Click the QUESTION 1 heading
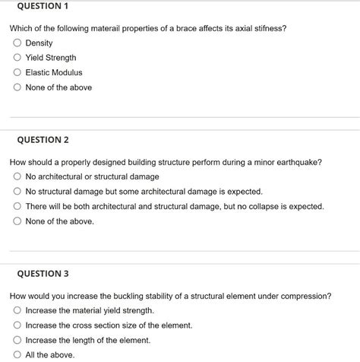click(38, 6)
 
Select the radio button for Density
click(17, 43)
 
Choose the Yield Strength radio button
click(17, 58)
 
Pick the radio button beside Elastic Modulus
click(17, 72)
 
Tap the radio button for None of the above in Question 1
click(17, 87)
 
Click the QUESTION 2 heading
click(39, 140)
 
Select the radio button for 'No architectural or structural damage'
click(17, 176)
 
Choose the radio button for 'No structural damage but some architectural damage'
click(17, 192)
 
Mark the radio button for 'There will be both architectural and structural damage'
click(17, 206)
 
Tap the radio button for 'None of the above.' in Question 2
click(17, 221)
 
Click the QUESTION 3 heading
click(39, 274)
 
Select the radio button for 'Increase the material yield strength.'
click(17, 310)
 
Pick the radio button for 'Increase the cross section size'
click(17, 325)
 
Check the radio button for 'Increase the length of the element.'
click(17, 340)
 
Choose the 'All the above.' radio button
click(17, 354)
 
